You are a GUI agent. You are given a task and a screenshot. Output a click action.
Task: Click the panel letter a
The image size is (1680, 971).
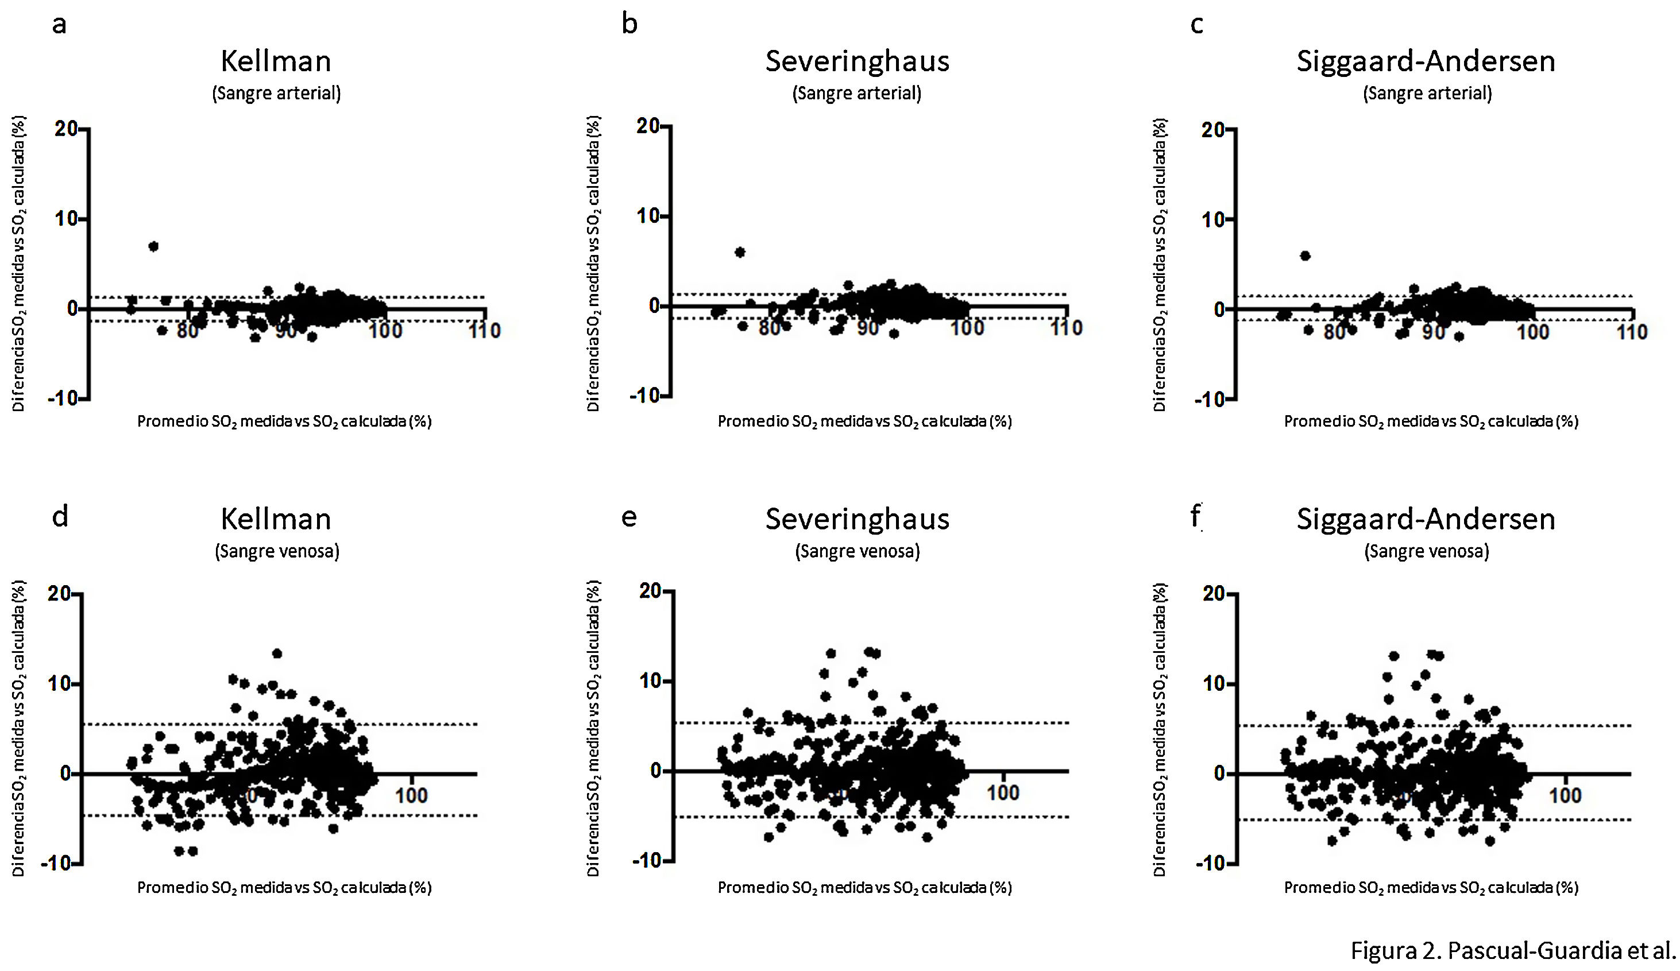[59, 25]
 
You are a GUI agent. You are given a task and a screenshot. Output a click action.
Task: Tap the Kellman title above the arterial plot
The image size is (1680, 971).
[276, 61]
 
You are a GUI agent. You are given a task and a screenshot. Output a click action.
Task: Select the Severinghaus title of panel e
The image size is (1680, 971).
[857, 519]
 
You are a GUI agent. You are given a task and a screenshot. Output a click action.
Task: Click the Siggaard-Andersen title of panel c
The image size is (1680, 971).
[1426, 61]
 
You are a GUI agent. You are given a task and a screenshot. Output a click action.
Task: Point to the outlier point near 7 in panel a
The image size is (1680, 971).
[153, 246]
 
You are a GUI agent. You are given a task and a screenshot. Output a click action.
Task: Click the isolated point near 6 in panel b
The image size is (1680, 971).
[740, 252]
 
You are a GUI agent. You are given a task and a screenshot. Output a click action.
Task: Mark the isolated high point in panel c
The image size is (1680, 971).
[1306, 256]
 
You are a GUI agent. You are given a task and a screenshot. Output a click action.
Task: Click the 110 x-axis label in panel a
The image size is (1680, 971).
[484, 331]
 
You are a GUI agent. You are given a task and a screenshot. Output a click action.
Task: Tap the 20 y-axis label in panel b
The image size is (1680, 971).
[648, 126]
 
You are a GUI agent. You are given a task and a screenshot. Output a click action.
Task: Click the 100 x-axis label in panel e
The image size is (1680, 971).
[1003, 792]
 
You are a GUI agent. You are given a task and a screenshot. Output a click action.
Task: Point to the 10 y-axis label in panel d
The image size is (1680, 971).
[59, 684]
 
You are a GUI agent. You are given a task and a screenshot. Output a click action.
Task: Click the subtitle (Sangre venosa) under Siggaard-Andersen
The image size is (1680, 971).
[1427, 551]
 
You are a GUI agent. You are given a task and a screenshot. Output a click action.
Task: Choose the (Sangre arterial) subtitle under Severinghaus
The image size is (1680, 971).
[857, 92]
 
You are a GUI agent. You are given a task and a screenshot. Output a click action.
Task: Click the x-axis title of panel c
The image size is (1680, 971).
[1431, 421]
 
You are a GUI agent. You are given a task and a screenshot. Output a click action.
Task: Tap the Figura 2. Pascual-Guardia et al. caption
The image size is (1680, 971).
[1512, 950]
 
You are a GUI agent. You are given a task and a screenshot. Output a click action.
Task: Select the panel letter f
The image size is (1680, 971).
[1196, 516]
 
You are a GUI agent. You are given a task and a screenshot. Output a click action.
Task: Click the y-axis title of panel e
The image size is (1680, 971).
[593, 728]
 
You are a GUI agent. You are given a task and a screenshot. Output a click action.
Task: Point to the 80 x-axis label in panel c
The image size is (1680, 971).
[1334, 332]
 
